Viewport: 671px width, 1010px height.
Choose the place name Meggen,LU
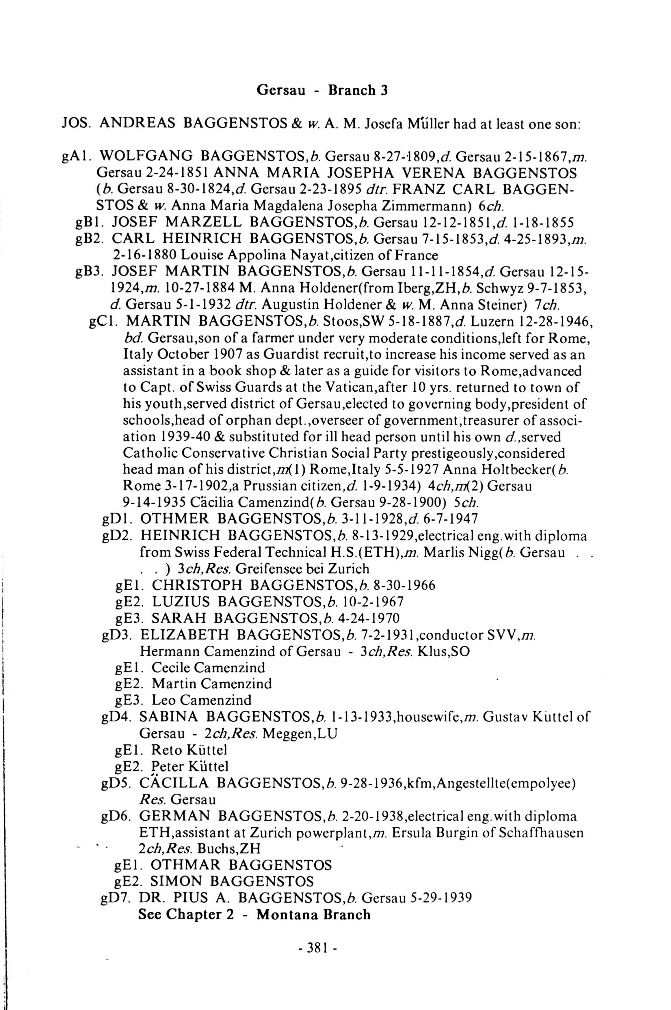[x=300, y=734]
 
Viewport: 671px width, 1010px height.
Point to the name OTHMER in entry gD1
[x=174, y=519]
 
